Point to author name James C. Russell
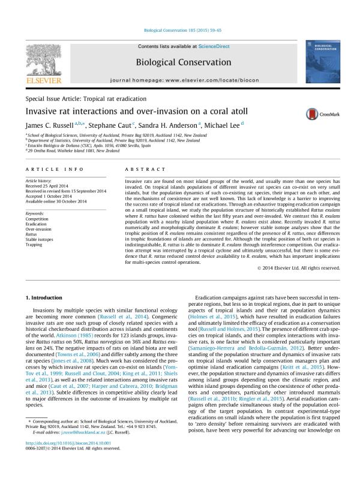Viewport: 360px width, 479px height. coord(50,126)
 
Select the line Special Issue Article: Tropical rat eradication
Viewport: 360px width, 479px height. coord(85,98)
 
